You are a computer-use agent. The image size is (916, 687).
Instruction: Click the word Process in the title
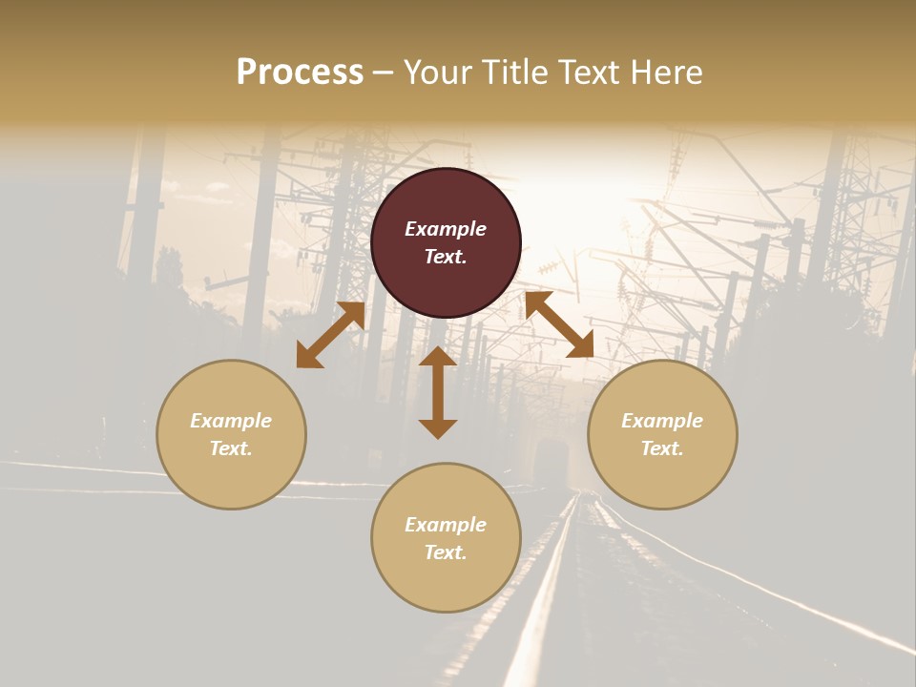point(300,73)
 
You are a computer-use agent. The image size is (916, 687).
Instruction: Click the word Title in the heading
point(515,73)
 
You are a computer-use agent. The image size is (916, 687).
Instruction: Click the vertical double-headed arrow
point(438,392)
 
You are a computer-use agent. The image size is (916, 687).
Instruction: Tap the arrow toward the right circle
point(559,324)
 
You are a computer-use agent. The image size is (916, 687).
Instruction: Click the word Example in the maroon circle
point(446,229)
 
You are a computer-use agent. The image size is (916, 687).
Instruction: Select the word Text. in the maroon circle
point(446,257)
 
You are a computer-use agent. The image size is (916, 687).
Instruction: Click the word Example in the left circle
point(231,421)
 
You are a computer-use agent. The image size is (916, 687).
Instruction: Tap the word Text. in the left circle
point(231,448)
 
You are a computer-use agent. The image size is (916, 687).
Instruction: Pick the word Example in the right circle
point(662,421)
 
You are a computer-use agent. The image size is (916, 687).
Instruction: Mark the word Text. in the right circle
point(662,448)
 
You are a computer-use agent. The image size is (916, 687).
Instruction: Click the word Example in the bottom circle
point(446,525)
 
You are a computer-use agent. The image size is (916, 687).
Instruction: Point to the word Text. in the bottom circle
point(446,552)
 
